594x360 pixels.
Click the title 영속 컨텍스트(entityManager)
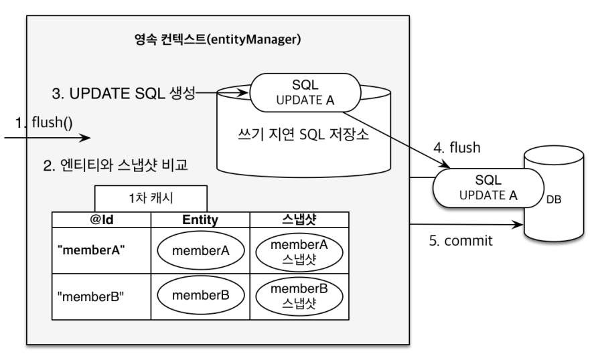point(218,39)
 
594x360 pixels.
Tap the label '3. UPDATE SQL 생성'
point(123,93)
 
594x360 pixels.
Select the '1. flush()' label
point(44,122)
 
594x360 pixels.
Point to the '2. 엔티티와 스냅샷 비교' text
point(116,165)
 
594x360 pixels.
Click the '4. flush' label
point(457,148)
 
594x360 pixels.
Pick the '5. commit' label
point(461,241)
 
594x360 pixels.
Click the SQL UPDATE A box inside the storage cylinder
point(305,93)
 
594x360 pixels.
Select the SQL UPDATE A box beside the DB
point(488,188)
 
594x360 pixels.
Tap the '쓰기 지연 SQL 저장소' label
point(303,134)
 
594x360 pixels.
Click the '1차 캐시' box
point(151,198)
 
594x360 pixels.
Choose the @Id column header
point(102,219)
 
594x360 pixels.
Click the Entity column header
point(200,219)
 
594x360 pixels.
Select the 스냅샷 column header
point(299,219)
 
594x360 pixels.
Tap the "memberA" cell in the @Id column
point(91,250)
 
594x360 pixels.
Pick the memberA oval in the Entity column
point(201,251)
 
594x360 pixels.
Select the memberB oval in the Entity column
point(201,296)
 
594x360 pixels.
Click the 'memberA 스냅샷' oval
point(299,252)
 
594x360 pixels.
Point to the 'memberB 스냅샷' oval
point(299,296)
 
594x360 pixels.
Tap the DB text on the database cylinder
point(553,199)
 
